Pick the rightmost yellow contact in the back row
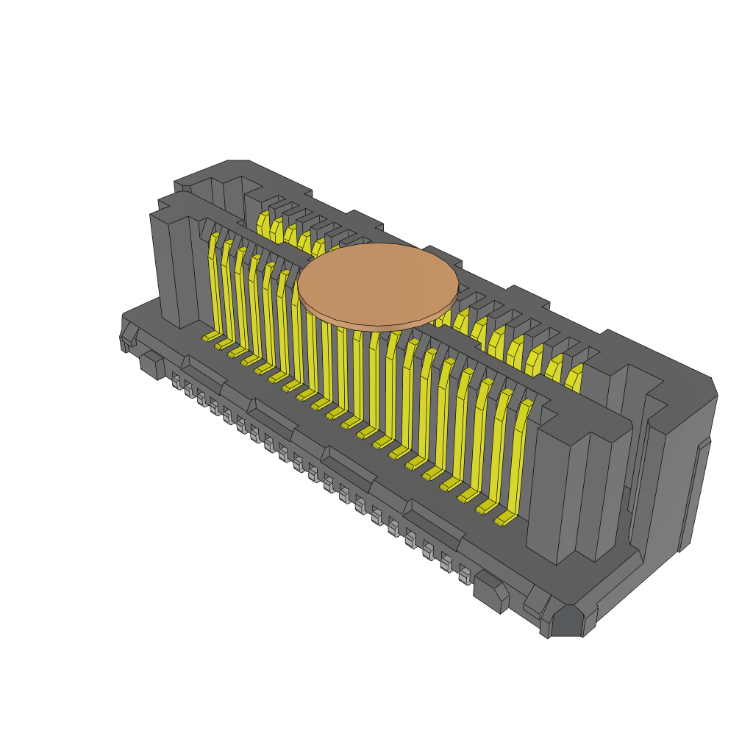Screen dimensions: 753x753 (574, 376)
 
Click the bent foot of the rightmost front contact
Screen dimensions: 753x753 (505, 520)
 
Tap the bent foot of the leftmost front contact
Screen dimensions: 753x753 (211, 336)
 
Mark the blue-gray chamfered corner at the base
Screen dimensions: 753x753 (567, 621)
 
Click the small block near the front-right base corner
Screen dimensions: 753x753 (490, 592)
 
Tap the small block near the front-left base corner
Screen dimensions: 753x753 (152, 365)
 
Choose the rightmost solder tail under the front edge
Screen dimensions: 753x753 (464, 574)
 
